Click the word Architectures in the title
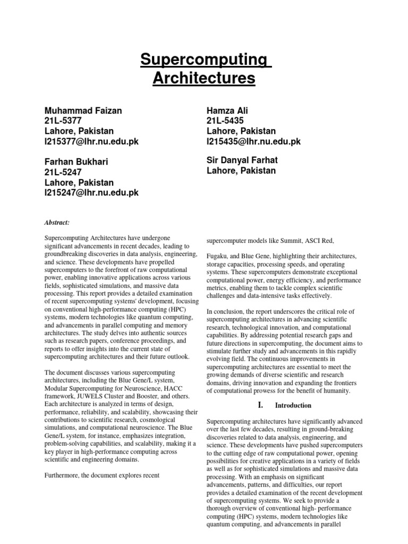tap(204, 79)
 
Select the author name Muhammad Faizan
tap(83, 110)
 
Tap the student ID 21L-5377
tap(63, 121)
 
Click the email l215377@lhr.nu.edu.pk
tap(91, 141)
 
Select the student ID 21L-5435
tap(225, 121)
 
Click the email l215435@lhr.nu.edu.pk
tap(253, 141)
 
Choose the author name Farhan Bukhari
tap(79, 162)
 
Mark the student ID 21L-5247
tap(63, 172)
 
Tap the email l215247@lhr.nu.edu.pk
tap(91, 193)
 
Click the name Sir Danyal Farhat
tap(242, 160)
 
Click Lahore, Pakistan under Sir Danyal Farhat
tap(241, 171)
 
